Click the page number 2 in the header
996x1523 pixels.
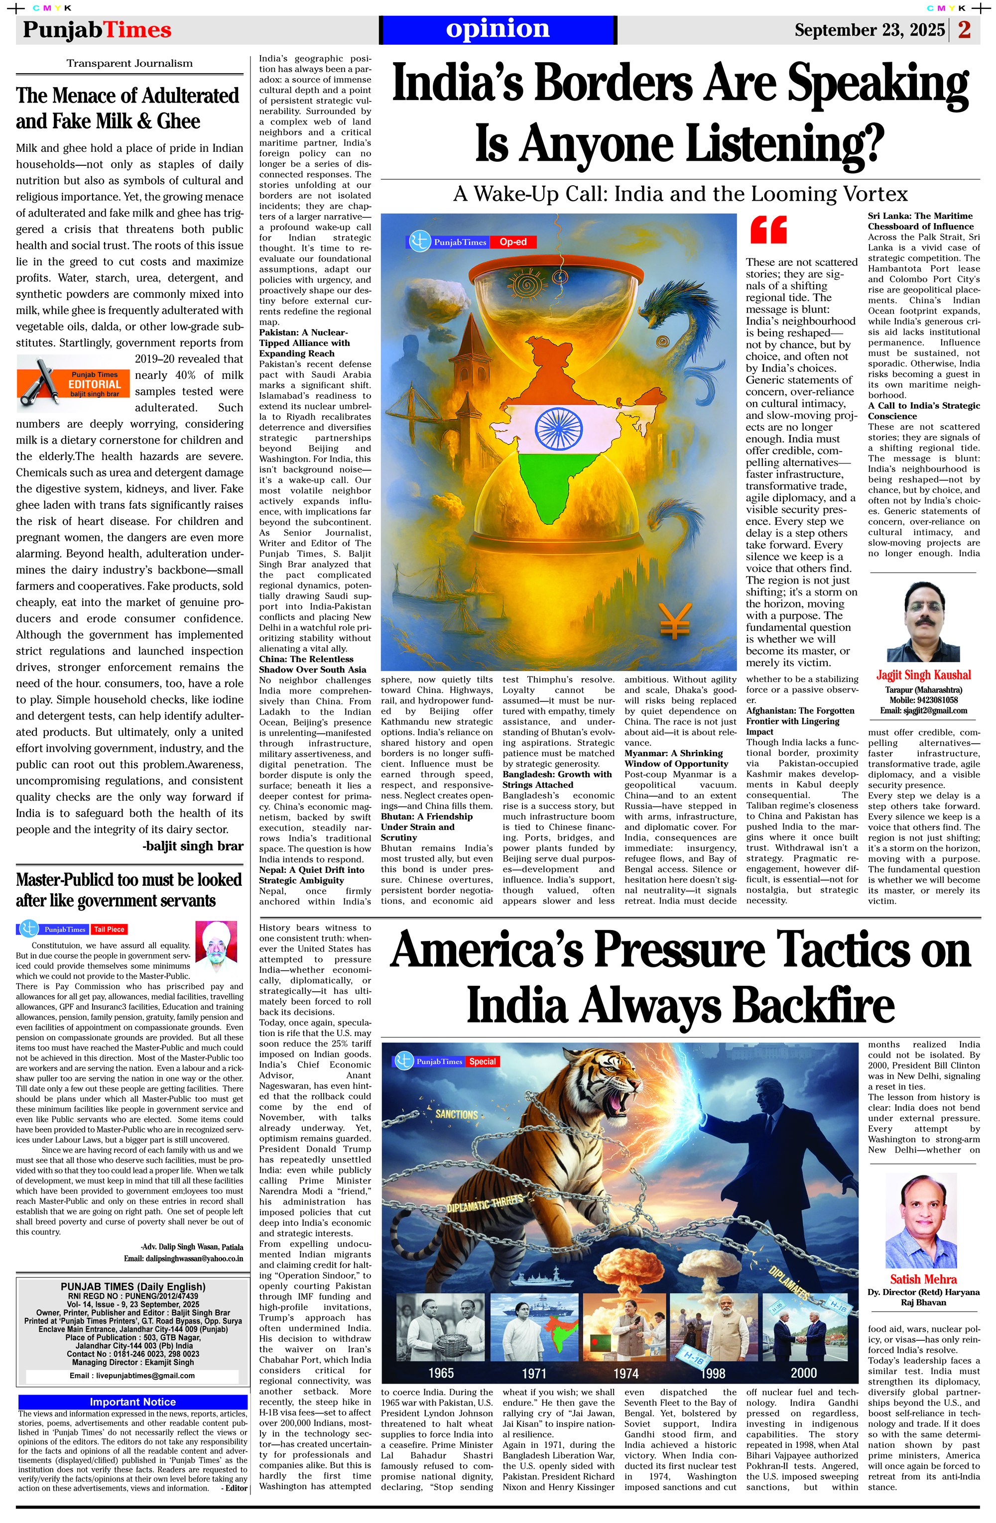coord(964,29)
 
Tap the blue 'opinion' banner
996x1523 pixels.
coord(498,29)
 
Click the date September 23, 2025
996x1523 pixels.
coord(870,30)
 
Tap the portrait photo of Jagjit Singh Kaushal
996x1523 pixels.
coord(922,621)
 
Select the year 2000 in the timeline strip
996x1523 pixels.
coord(803,1373)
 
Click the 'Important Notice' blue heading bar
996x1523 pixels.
coord(132,1402)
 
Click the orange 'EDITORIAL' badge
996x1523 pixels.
coord(94,384)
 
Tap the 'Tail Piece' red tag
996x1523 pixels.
coord(109,929)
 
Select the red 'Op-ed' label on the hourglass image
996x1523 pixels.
coord(513,242)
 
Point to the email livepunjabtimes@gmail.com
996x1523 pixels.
coord(132,1376)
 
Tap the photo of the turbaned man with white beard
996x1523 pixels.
coord(218,946)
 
